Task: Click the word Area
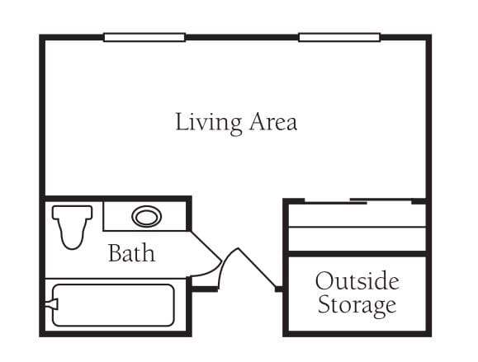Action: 273,121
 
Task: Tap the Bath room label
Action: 132,252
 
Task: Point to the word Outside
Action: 357,280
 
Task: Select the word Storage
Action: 357,305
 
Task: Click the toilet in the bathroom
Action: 73,227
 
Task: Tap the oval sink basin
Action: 147,217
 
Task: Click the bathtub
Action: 113,305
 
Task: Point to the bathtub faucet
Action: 51,304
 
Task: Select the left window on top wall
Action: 144,37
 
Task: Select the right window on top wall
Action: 339,37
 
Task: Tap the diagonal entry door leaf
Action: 257,268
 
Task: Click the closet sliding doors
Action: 358,201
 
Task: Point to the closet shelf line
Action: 357,227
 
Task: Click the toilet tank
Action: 73,212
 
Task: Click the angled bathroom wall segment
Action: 206,246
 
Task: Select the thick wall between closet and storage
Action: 357,254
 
